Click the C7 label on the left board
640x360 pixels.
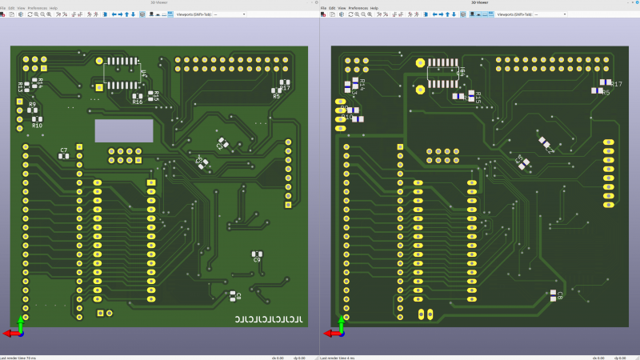[64, 150]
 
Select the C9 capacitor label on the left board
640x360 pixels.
[257, 259]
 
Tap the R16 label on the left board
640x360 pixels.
[138, 102]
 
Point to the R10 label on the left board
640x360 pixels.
[37, 126]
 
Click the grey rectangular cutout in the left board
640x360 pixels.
[123, 131]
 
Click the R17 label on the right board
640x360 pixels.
[617, 84]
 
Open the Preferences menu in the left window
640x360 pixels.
[37, 8]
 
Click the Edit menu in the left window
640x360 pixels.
[11, 8]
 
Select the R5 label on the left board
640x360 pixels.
[277, 96]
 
